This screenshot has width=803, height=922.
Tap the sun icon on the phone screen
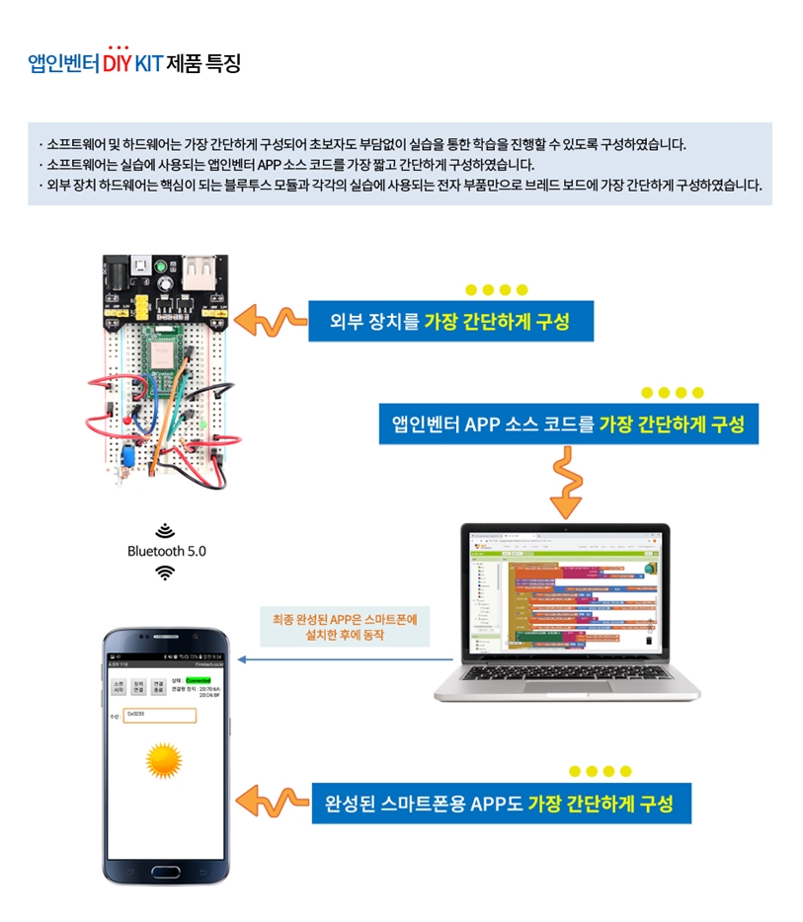tap(164, 760)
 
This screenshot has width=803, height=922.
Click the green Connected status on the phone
tap(199, 680)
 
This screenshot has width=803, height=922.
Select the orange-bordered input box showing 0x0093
tap(160, 715)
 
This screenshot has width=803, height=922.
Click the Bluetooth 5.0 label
tap(167, 551)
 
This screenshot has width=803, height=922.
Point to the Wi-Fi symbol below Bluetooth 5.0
tap(166, 573)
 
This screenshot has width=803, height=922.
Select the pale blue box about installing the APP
tap(345, 627)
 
